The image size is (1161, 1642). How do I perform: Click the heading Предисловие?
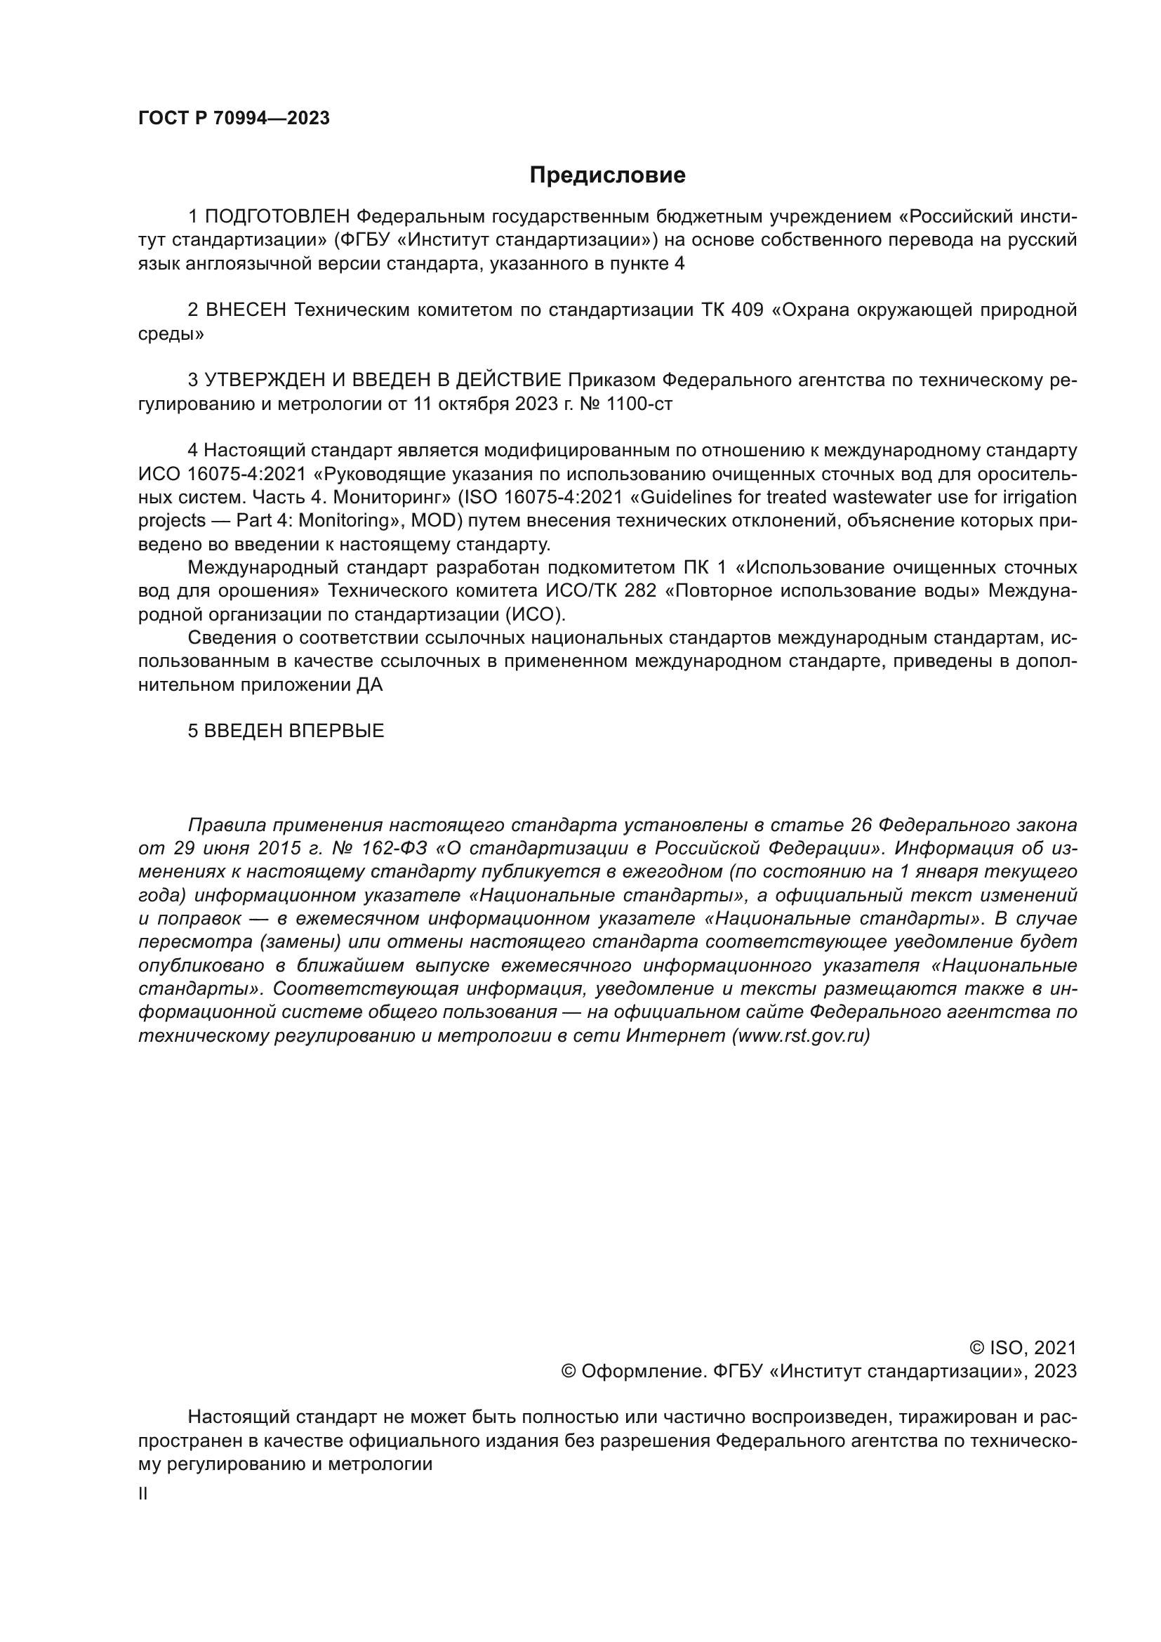pyautogui.click(x=607, y=176)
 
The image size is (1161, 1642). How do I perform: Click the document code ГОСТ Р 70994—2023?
pyautogui.click(x=234, y=119)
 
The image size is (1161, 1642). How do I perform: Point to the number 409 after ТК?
pyautogui.click(x=747, y=310)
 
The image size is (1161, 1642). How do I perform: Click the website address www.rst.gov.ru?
pyautogui.click(x=801, y=1035)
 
